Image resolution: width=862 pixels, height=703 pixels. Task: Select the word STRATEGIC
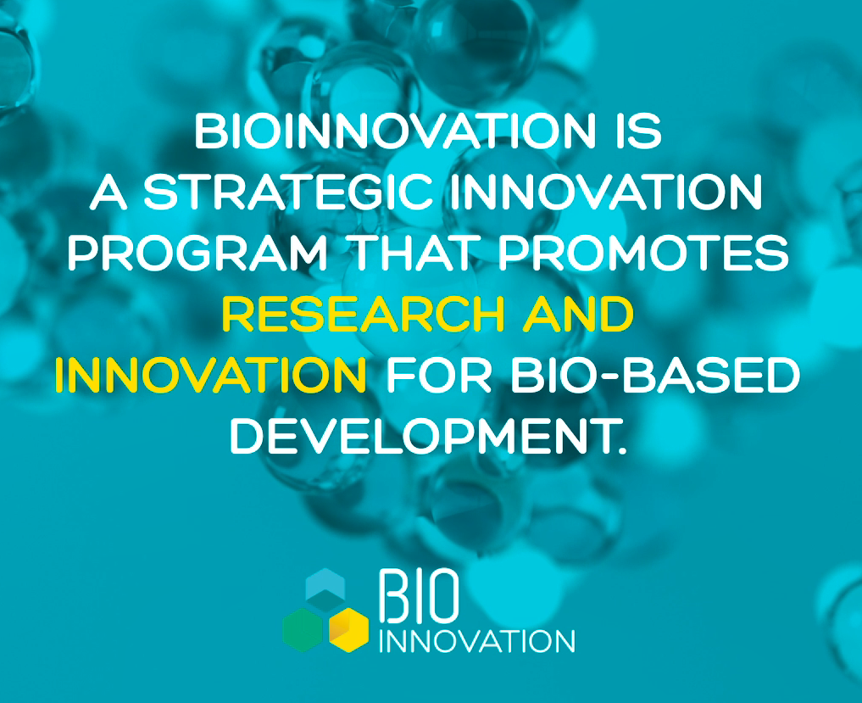click(288, 192)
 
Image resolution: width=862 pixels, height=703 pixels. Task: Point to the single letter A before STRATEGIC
click(108, 192)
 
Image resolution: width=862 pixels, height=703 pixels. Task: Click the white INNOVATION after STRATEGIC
click(606, 192)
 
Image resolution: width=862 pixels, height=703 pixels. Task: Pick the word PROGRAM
click(197, 253)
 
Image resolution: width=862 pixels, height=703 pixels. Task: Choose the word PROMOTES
click(643, 253)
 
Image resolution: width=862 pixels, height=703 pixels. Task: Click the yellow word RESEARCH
click(364, 314)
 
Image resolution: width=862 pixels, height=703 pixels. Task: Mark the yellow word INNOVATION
click(210, 375)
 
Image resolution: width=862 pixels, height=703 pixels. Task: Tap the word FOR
click(439, 375)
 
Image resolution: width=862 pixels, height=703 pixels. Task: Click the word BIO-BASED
click(655, 375)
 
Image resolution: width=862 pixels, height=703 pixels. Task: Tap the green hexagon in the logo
click(303, 629)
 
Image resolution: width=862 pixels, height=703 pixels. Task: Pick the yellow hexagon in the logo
click(348, 629)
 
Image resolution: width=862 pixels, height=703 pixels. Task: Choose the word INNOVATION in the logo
click(476, 641)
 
